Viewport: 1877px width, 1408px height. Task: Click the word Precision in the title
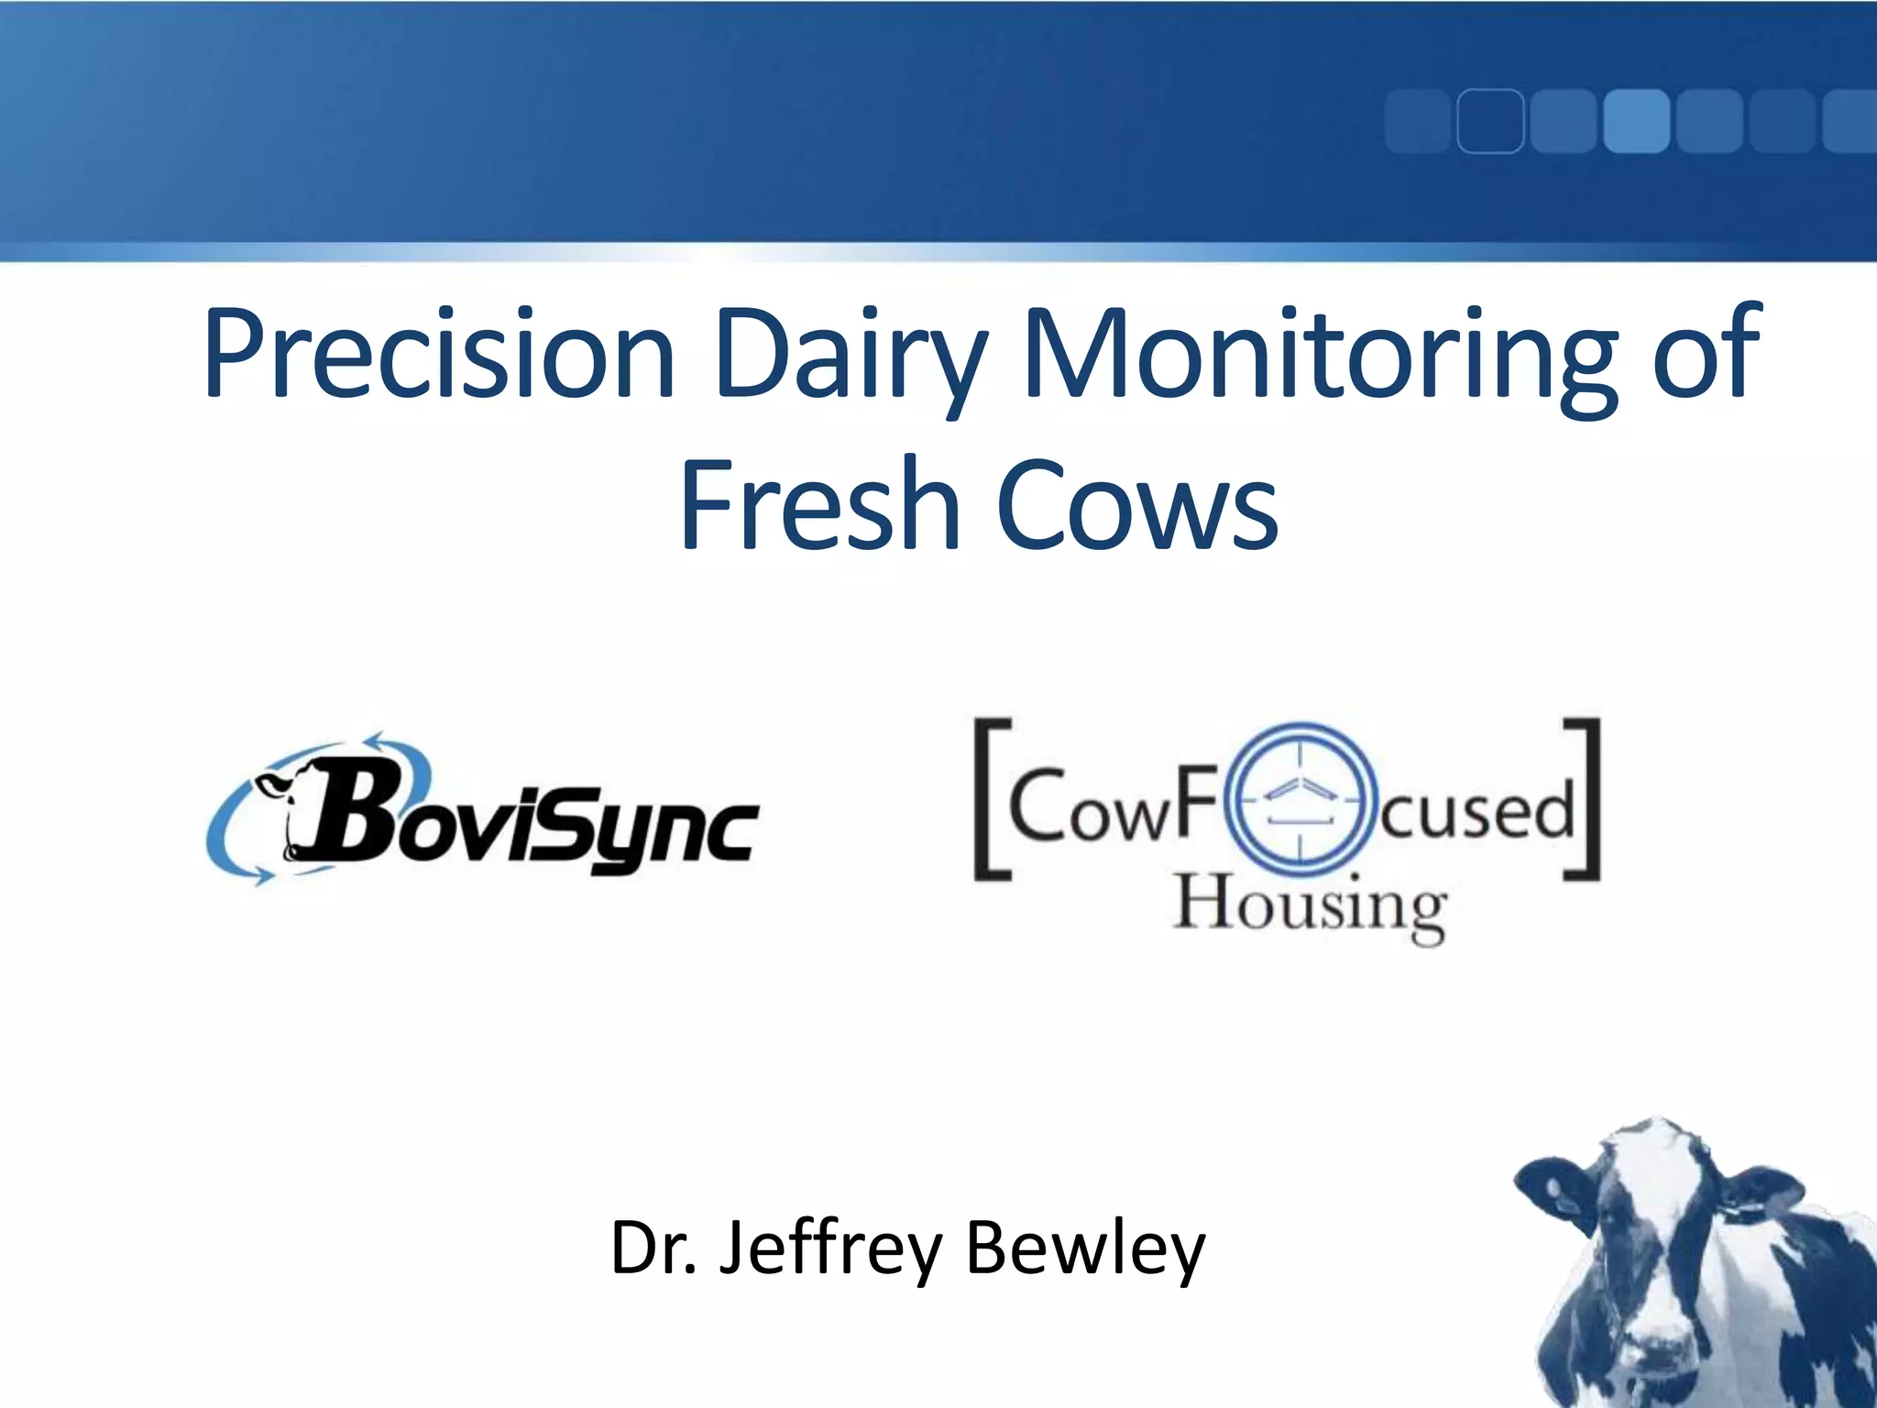pyautogui.click(x=438, y=356)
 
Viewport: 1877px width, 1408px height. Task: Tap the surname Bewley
pyautogui.click(x=1085, y=1248)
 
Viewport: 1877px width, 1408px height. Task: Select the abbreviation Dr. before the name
pyautogui.click(x=653, y=1248)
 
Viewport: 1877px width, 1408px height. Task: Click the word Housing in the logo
pyautogui.click(x=1311, y=906)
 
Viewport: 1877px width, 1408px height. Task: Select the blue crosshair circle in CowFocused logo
pyautogui.click(x=1301, y=797)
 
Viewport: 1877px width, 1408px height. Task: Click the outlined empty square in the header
pyautogui.click(x=1490, y=121)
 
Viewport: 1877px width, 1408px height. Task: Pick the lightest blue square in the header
pyautogui.click(x=1636, y=121)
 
